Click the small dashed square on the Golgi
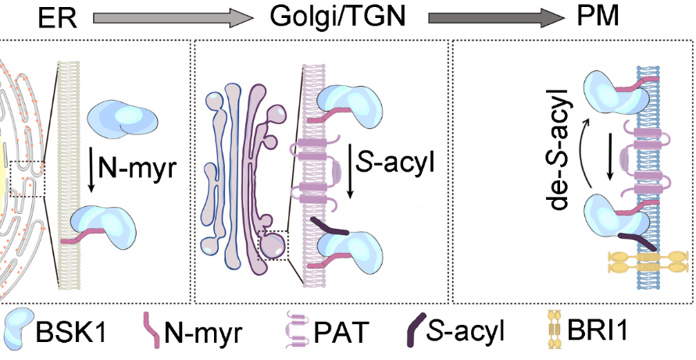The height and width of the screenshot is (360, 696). coord(276,244)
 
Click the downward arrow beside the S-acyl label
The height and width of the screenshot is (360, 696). coord(349,167)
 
